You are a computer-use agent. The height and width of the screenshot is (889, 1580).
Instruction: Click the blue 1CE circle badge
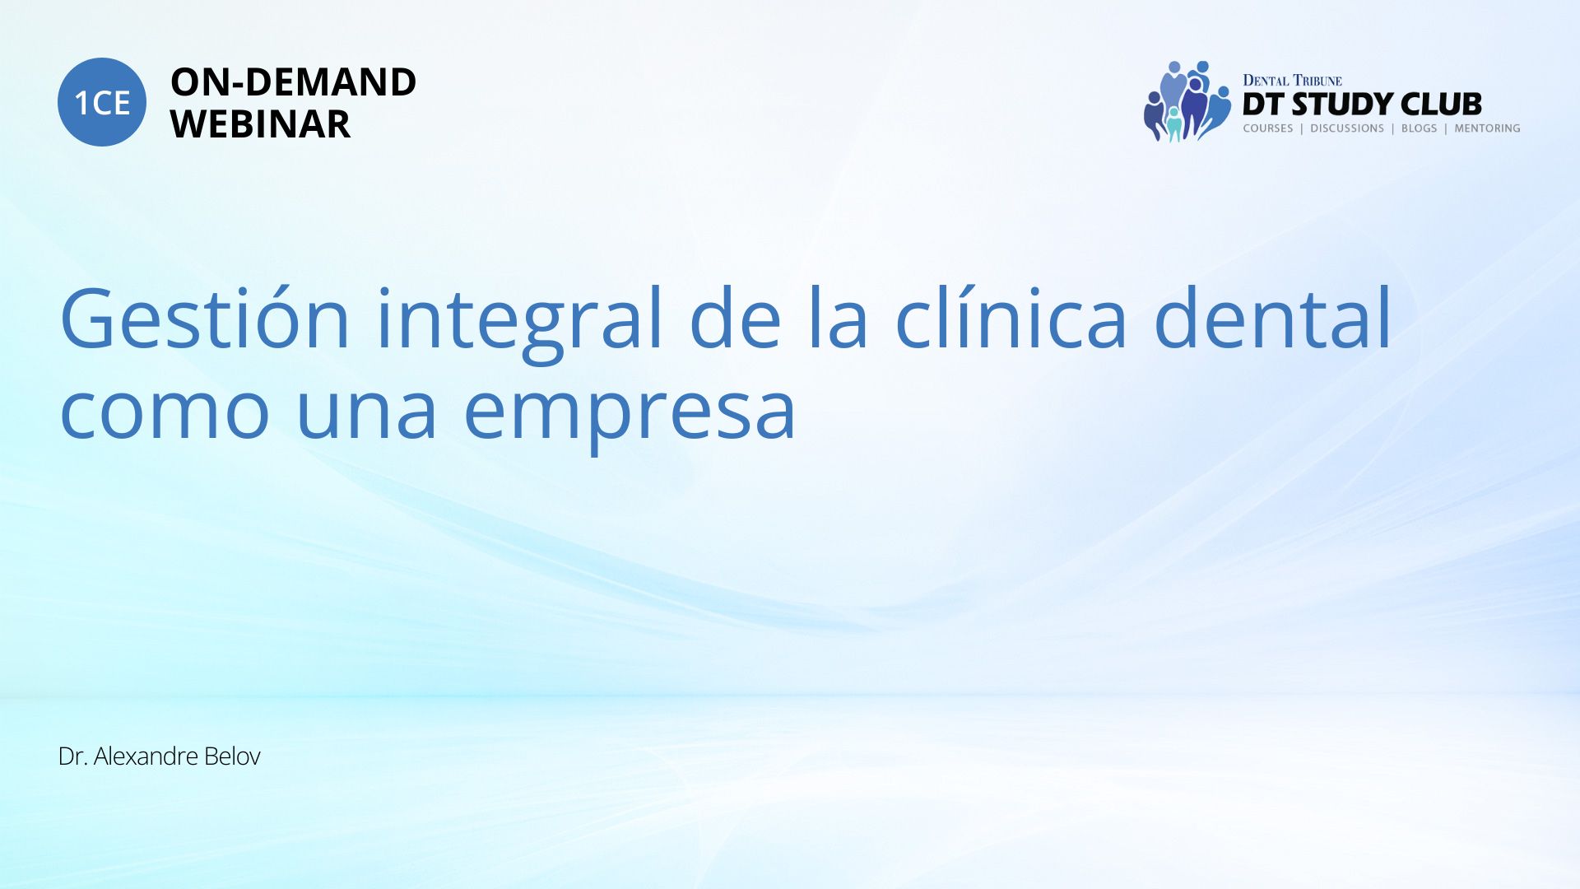click(102, 102)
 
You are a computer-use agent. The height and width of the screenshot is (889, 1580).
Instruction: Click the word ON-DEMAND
click(293, 82)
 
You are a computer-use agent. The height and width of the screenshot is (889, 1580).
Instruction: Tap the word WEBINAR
click(260, 124)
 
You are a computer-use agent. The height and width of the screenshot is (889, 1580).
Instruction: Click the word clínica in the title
click(1011, 317)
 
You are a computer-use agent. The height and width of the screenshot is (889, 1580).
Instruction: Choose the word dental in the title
click(1272, 317)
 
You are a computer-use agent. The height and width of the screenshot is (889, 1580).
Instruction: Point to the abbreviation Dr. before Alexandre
click(73, 756)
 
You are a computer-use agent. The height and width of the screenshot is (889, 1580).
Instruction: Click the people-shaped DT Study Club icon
click(1187, 101)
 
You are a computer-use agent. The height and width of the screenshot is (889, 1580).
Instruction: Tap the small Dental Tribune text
click(1292, 81)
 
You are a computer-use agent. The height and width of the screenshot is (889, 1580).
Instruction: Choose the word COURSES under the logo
click(1268, 128)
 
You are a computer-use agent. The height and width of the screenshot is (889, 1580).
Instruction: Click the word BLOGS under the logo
click(1419, 128)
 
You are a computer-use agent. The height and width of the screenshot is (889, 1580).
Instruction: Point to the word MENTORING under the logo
click(1487, 128)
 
